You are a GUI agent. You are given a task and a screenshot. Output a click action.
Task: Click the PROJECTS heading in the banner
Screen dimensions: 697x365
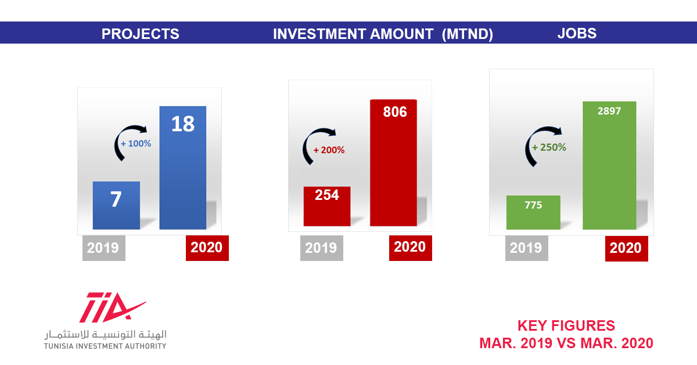click(141, 34)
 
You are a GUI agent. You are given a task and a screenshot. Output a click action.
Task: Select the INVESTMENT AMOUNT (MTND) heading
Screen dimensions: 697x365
click(383, 34)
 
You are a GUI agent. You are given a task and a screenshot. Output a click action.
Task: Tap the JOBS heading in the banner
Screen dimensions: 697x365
click(577, 33)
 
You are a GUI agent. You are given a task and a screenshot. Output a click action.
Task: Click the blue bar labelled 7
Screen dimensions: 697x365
click(116, 206)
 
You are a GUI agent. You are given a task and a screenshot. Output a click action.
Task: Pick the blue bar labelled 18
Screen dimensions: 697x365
click(183, 168)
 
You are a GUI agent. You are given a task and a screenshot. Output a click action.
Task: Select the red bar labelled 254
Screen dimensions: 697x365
click(327, 206)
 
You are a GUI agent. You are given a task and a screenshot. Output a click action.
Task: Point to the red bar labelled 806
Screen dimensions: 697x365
click(394, 163)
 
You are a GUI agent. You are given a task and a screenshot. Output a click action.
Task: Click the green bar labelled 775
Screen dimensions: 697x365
click(533, 212)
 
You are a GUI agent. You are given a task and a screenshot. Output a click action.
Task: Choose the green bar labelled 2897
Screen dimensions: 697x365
click(609, 166)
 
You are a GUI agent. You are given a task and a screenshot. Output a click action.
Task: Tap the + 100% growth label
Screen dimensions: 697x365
click(136, 144)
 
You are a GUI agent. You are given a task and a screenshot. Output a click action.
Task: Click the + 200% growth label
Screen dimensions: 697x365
click(329, 150)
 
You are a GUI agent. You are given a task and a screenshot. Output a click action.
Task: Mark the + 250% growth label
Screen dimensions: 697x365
click(549, 147)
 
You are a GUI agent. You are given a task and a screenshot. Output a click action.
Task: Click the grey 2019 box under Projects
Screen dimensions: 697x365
click(104, 248)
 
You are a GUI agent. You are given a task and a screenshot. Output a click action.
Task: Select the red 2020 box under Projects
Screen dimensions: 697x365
click(207, 248)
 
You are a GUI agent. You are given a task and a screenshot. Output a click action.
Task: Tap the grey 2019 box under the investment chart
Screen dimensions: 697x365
click(322, 248)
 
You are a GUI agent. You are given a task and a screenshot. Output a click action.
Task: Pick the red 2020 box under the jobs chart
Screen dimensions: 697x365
click(627, 249)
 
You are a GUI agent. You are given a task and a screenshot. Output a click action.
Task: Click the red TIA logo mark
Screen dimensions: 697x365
click(112, 307)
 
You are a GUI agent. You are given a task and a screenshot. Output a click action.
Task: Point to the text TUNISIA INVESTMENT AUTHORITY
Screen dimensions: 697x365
click(105, 346)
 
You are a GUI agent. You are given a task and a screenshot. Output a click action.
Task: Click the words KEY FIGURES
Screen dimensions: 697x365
click(566, 325)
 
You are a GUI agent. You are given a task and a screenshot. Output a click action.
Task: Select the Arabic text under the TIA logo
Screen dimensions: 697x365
click(106, 334)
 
